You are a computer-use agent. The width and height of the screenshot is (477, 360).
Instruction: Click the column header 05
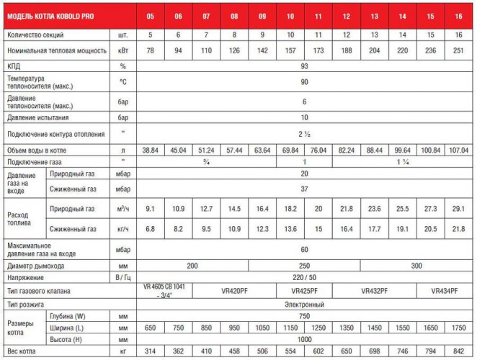[151, 16]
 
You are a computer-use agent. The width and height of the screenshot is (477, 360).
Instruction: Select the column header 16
[458, 16]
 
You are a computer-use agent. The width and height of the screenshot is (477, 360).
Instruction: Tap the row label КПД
[15, 66]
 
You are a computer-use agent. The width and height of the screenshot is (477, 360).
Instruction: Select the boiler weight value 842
[458, 351]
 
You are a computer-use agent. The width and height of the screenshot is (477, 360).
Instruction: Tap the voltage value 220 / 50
[304, 277]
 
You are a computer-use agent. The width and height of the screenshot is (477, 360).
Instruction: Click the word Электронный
[305, 305]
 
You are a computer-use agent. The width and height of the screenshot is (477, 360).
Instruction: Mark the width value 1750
[458, 328]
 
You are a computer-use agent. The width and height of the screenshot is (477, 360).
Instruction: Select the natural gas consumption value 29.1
[458, 209]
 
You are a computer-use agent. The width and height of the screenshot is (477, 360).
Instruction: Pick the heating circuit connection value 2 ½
[304, 134]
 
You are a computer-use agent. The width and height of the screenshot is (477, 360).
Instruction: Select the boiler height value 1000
[304, 339]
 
